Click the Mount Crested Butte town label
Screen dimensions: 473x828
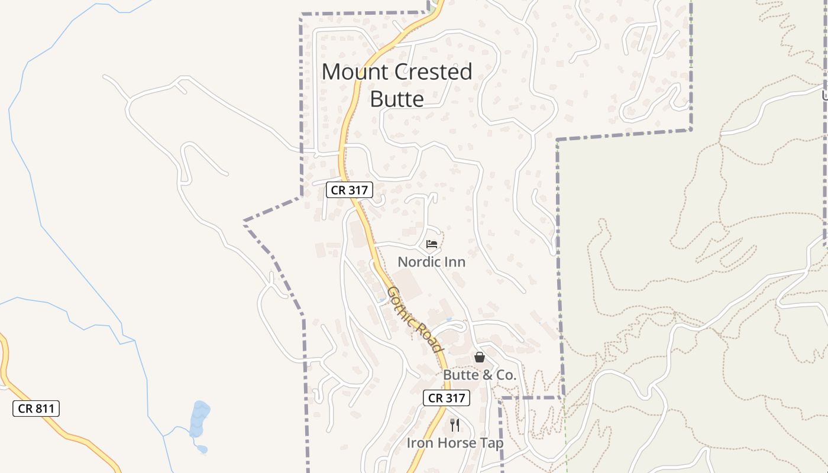point(397,85)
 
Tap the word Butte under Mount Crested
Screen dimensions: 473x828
point(397,99)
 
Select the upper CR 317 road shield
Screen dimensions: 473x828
point(350,190)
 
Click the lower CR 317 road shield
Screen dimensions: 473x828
point(447,398)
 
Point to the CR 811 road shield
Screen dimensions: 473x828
point(36,408)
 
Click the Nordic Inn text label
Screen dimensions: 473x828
point(431,261)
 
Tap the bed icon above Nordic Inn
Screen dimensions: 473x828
point(432,244)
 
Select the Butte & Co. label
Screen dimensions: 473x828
point(480,375)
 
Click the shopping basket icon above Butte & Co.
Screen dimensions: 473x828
point(480,357)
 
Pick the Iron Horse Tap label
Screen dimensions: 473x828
point(455,442)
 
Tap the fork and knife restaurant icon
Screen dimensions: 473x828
point(455,425)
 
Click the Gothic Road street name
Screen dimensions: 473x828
point(415,319)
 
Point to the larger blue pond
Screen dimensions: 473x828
point(199,417)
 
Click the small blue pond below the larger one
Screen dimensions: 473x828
point(202,449)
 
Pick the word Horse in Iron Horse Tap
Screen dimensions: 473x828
point(455,442)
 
